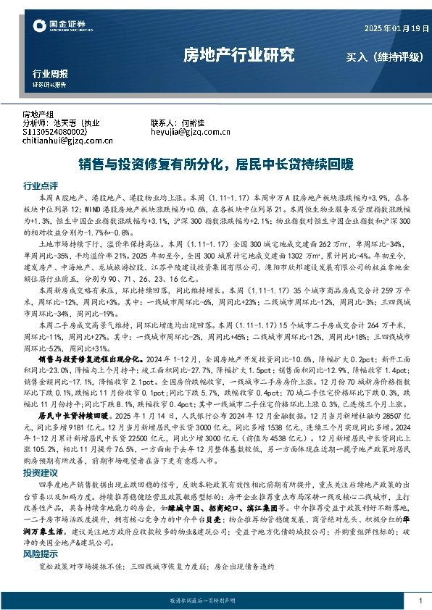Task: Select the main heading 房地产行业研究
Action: click(238, 54)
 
